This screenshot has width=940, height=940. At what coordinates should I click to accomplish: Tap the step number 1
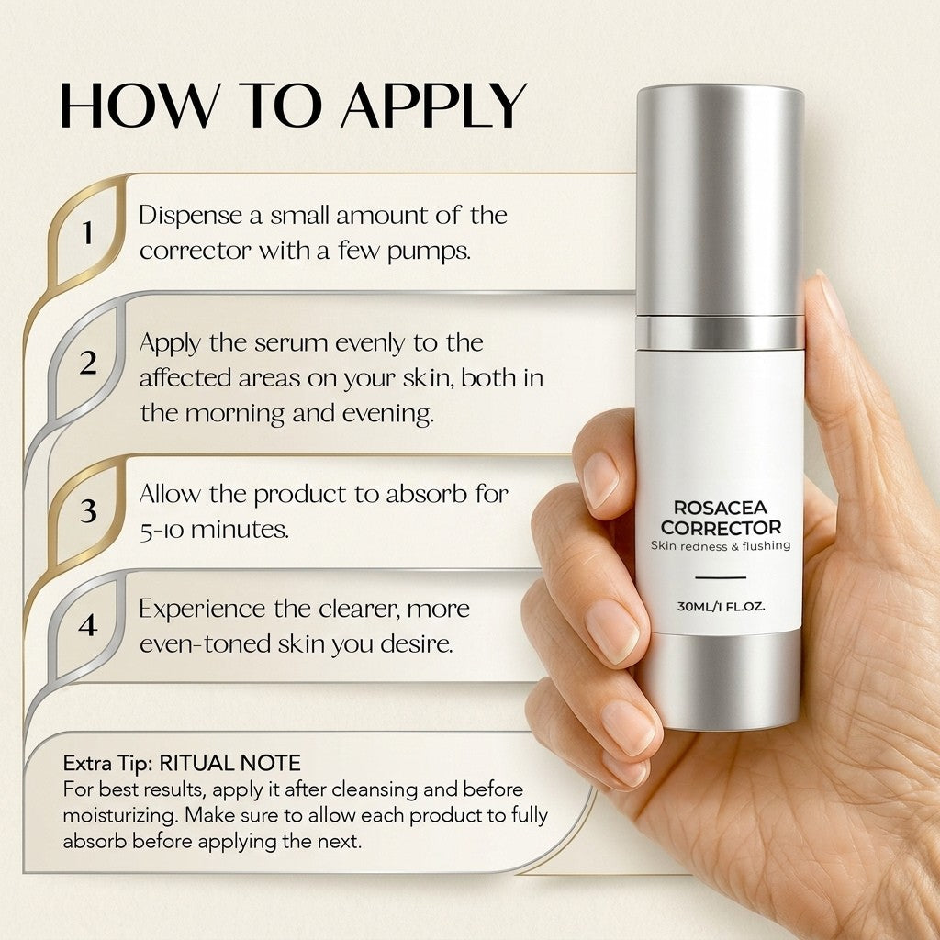pos(88,232)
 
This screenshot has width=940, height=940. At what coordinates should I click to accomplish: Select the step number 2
pos(88,363)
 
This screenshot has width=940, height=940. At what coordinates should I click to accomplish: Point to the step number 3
pos(88,510)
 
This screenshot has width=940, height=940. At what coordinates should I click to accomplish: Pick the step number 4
pos(88,624)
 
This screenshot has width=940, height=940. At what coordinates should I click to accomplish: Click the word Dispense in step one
pos(190,216)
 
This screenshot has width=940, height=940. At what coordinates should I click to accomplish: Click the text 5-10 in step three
pos(162,531)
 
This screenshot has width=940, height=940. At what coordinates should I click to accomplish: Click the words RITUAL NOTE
pos(229,763)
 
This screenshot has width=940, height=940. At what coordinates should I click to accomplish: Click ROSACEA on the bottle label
pos(720,508)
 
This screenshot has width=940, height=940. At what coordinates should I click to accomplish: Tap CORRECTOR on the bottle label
pos(721,528)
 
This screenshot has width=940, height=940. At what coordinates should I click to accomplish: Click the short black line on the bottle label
pos(720,577)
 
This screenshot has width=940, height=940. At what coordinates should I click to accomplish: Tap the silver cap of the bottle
pos(720,201)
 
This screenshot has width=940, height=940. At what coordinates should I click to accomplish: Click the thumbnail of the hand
pos(833,301)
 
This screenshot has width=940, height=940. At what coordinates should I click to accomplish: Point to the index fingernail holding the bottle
pos(600,479)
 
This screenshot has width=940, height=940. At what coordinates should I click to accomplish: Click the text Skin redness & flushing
pos(720,546)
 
